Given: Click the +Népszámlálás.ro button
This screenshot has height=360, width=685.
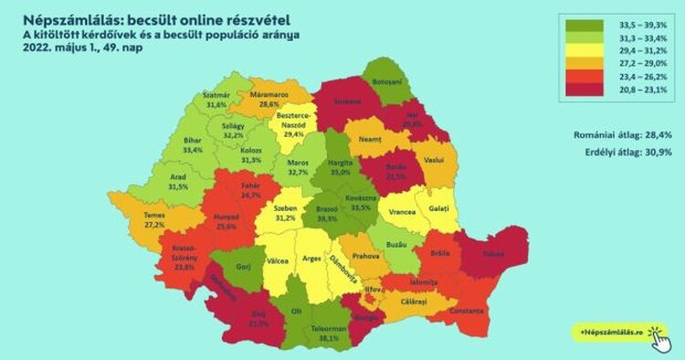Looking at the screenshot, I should coord(609,331).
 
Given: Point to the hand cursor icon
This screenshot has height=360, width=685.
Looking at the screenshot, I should coord(660,337).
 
